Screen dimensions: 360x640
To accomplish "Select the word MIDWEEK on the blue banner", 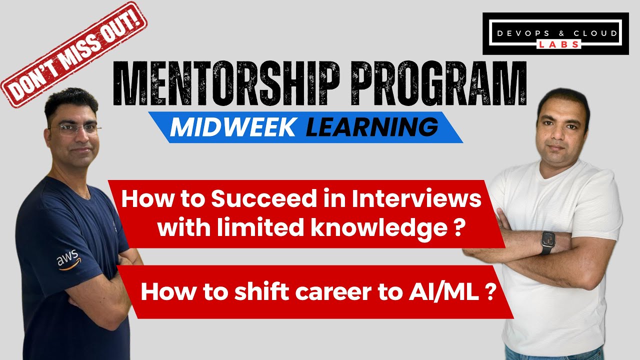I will click(232, 127).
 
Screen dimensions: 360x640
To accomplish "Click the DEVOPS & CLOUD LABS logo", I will click(555, 33).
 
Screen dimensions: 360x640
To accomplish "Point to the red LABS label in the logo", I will click(559, 44).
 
